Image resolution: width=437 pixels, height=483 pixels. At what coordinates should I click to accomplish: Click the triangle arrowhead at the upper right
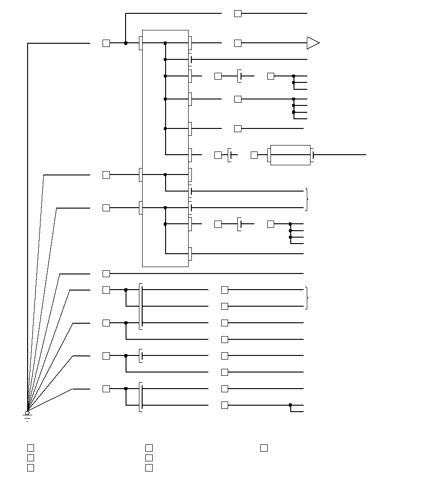coord(313,43)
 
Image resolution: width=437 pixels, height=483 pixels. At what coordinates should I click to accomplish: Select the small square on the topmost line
coord(238,14)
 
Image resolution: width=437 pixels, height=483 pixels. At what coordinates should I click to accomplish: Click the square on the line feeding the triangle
coord(238,43)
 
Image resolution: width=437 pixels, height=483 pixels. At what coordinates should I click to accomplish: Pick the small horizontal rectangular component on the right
coord(290,155)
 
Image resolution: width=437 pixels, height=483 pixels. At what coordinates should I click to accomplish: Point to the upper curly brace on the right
coord(307,199)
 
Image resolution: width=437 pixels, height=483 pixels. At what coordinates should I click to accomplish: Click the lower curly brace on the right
coord(307,298)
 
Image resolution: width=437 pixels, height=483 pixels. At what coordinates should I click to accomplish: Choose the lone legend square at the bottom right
coord(264,448)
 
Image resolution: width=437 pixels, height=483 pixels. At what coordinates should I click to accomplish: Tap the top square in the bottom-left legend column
coord(30,448)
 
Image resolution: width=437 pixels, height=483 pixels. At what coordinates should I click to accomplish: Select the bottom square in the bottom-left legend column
coord(30,468)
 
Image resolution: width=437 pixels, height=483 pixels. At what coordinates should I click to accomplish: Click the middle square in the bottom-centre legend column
coord(149,458)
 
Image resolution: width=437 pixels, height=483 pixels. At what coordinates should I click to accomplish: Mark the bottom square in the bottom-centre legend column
coord(149,468)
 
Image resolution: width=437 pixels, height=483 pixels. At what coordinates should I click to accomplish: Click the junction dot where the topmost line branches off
coord(126,43)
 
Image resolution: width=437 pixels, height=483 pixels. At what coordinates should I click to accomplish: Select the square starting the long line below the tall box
coord(106,274)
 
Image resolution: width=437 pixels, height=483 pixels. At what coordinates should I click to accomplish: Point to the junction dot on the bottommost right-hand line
coord(290,405)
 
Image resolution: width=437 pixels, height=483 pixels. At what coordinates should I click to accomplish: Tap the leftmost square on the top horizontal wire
coord(106,43)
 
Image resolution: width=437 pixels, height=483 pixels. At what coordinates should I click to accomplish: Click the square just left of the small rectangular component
coord(254,155)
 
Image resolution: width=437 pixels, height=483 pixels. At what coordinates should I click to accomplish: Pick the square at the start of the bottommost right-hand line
coord(224,405)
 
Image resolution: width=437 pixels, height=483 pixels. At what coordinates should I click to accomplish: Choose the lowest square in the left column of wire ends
coord(106,389)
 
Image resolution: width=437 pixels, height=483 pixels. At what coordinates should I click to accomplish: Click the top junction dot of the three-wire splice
coord(293,76)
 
